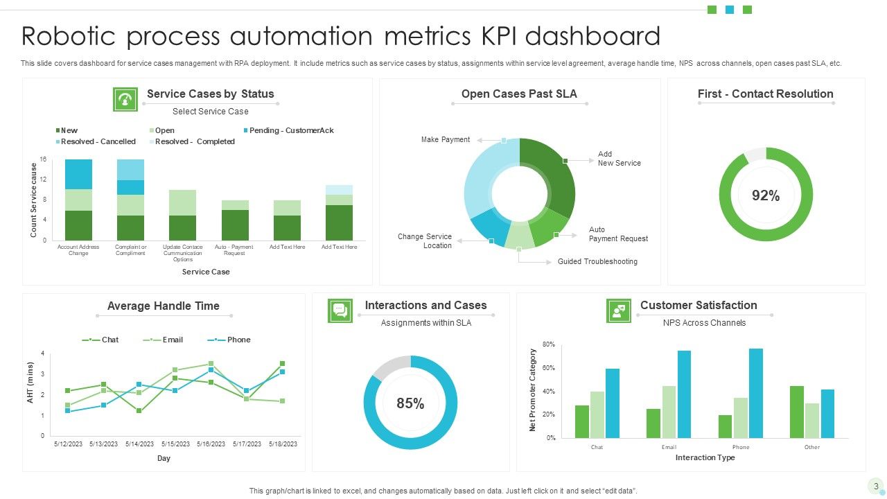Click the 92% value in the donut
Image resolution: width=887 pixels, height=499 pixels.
tap(766, 196)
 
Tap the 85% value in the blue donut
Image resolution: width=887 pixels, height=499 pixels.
tap(410, 403)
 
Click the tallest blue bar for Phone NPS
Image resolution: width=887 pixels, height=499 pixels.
tap(755, 393)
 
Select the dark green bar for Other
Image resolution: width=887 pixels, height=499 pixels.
tap(796, 412)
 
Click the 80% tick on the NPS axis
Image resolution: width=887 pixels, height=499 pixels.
tap(548, 344)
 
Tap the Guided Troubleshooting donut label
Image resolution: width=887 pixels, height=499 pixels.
tap(597, 261)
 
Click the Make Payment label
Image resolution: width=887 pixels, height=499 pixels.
tap(446, 139)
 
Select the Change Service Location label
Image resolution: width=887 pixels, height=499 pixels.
tap(424, 241)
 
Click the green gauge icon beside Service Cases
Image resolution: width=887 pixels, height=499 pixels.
tap(125, 99)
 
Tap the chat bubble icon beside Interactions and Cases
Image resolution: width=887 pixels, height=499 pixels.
tap(340, 310)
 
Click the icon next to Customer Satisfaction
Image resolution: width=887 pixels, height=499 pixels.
tap(618, 310)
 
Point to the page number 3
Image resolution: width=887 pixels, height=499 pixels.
tap(876, 486)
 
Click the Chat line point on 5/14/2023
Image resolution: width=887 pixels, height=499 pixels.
tap(139, 411)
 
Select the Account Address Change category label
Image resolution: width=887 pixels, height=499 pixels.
tap(78, 250)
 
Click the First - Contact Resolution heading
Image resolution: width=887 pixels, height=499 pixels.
tap(765, 94)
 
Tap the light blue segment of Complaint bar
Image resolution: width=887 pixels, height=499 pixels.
tap(130, 170)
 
